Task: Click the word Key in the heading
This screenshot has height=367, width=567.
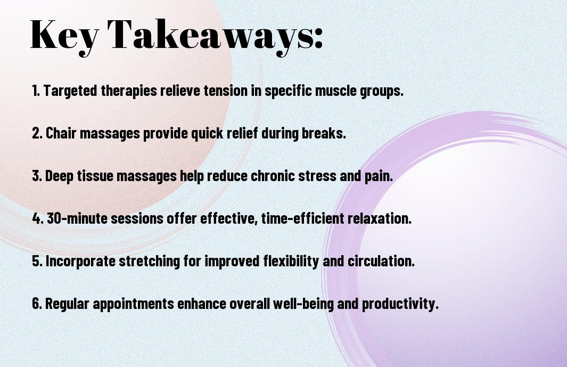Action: [64, 36]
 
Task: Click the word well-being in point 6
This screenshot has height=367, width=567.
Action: [303, 304]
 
